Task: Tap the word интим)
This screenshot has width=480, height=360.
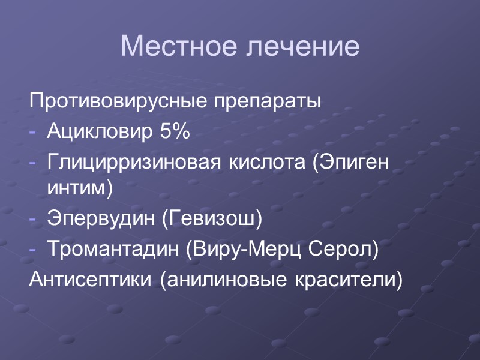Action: pyautogui.click(x=80, y=188)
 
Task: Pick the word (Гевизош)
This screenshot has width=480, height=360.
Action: pyautogui.click(x=212, y=218)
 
